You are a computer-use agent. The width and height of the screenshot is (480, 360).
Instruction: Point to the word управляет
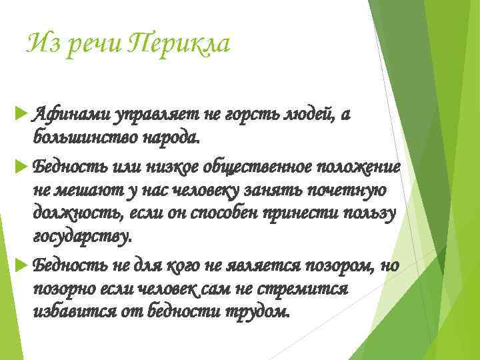click(x=151, y=115)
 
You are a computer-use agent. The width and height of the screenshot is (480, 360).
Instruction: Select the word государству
click(x=82, y=237)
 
